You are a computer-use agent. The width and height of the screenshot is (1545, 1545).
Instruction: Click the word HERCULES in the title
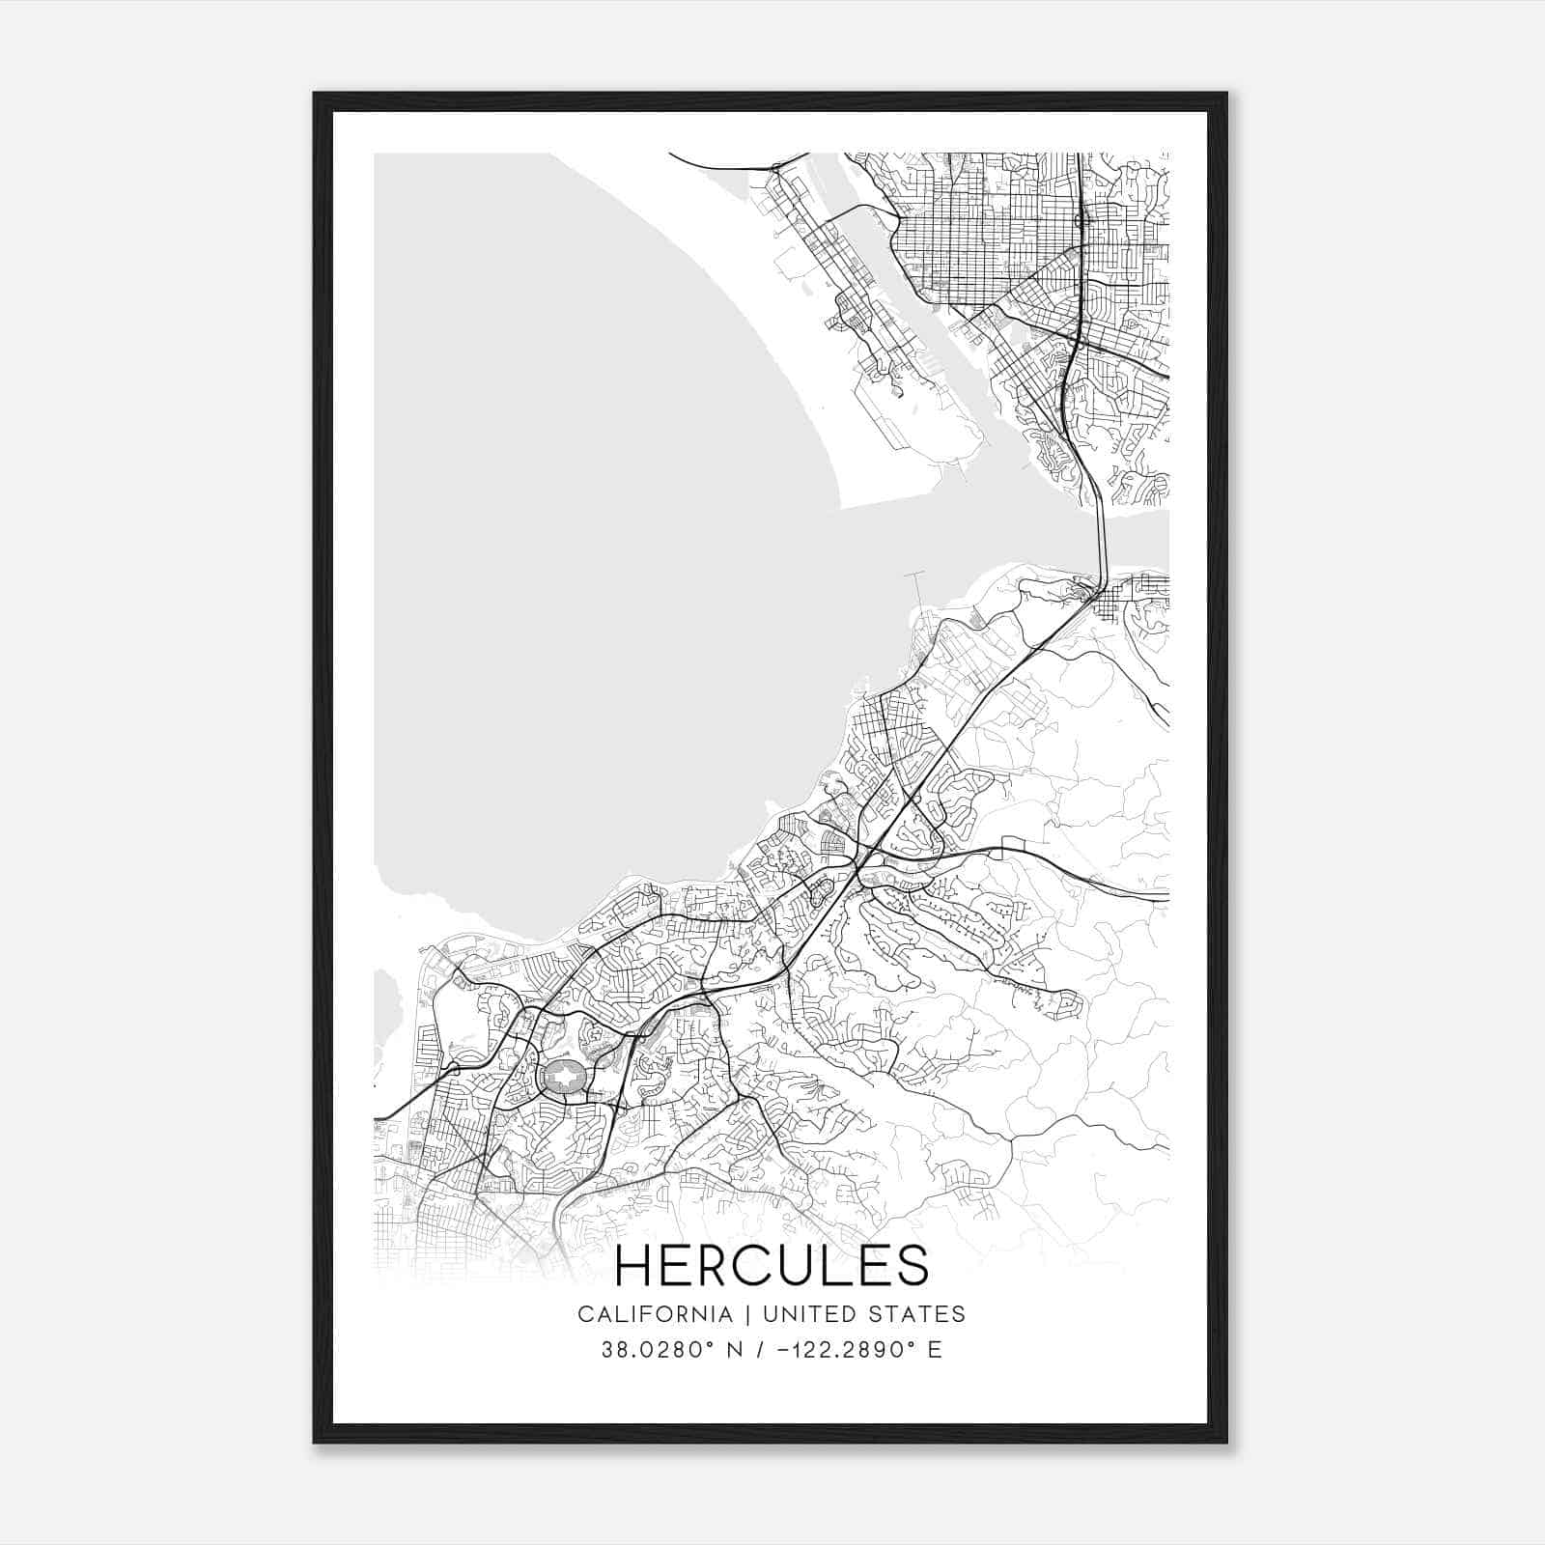tap(772, 1266)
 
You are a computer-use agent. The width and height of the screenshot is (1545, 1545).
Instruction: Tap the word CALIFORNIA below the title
tap(655, 1314)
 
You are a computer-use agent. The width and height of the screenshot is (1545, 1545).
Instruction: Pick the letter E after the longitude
tap(934, 1350)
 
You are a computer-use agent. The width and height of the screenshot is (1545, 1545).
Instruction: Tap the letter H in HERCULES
tap(632, 1266)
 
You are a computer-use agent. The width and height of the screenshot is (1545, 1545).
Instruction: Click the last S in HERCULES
tap(913, 1266)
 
